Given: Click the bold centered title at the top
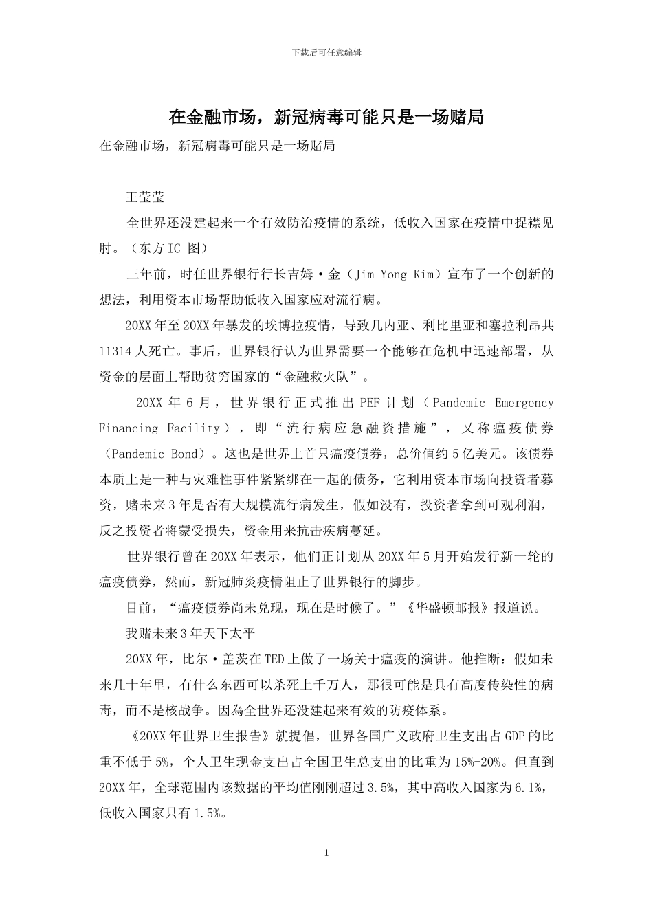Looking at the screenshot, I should [326, 118].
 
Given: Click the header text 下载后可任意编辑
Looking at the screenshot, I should [326, 52].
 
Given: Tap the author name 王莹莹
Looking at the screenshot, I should [146, 197].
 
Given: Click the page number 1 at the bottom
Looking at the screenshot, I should [326, 853].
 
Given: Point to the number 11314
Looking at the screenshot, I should [115, 351].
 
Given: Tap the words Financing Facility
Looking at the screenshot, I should [159, 428].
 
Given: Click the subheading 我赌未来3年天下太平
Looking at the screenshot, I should [191, 633].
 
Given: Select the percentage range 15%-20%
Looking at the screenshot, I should [476, 762].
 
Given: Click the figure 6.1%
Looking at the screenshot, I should [529, 787].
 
